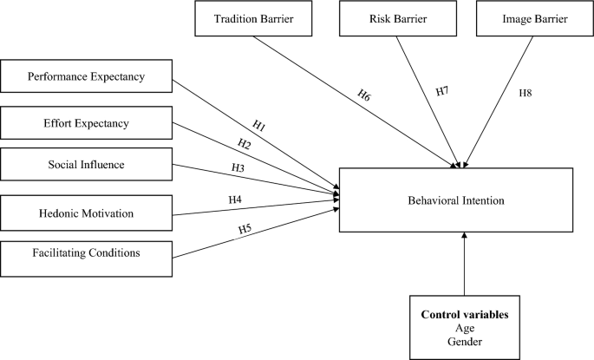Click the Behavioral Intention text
coord(455,200)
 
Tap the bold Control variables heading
coord(464,315)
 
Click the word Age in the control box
coord(464,329)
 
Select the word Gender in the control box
coord(464,343)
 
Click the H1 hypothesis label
coord(258,127)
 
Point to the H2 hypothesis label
coord(246,145)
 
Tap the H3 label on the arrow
coord(238,167)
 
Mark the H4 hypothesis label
coord(235,200)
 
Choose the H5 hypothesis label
coord(245,229)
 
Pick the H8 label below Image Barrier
coord(525,91)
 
